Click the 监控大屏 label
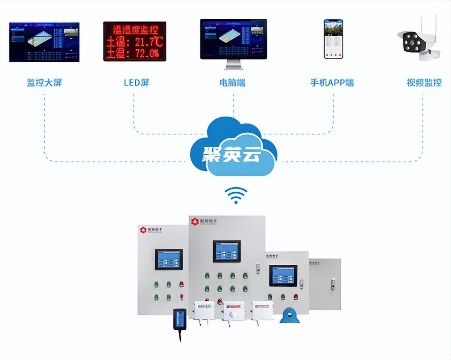(44, 83)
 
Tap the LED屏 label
(136, 83)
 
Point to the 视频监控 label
(424, 83)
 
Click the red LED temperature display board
(135, 41)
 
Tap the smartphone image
(333, 39)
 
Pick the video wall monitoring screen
(44, 42)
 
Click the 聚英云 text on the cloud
(231, 155)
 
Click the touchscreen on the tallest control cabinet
(227, 251)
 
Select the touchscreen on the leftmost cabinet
(169, 259)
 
